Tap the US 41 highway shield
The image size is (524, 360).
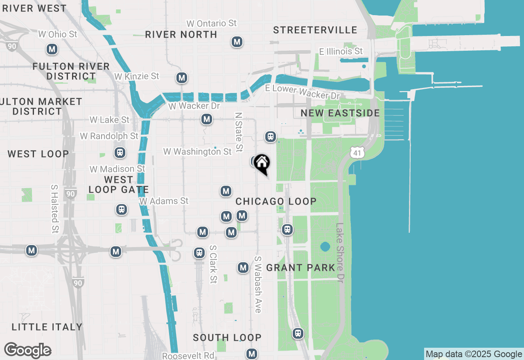[x=357, y=153]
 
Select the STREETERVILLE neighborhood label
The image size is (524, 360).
[x=315, y=30]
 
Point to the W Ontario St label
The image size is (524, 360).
[x=211, y=23]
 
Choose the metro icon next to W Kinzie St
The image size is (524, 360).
[x=182, y=78]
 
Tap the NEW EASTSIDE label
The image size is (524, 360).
[x=340, y=113]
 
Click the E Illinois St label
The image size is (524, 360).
[x=341, y=52]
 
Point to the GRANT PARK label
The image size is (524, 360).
[x=300, y=268]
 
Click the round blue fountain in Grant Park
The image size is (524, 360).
[x=325, y=247]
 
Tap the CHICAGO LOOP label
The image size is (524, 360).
[x=276, y=201]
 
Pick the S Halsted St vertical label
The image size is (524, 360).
[x=54, y=209]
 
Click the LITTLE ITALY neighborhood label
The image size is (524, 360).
[x=47, y=327]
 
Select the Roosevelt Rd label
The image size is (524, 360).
[x=188, y=355]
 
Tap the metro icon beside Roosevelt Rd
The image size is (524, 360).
[x=252, y=353]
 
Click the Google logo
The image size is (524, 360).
[x=27, y=351]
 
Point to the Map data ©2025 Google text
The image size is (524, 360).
[x=474, y=354]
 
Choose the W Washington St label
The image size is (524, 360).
[x=198, y=152]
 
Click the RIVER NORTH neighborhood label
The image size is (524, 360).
[x=181, y=35]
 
